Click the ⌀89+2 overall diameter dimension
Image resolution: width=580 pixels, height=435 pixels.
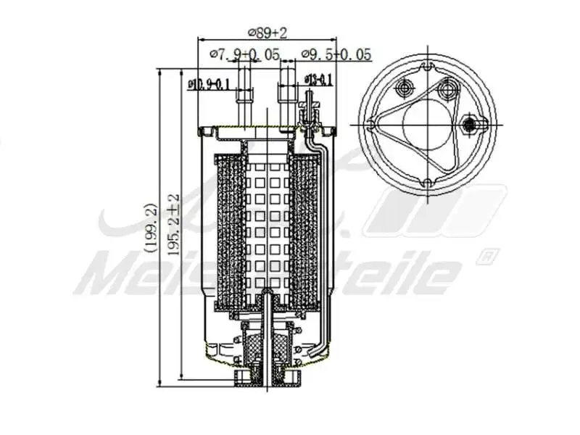click(x=268, y=33)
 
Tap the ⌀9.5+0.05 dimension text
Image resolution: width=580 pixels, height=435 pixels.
click(x=336, y=54)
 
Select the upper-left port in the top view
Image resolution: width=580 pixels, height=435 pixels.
click(x=403, y=89)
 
